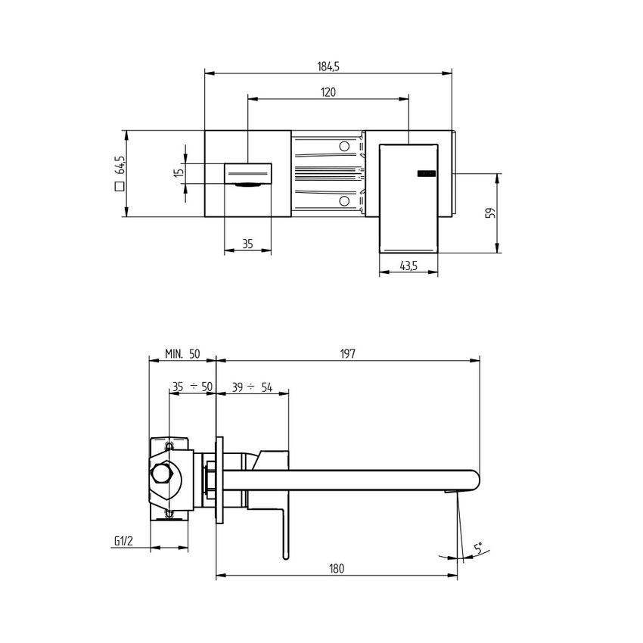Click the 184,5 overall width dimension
pyautogui.click(x=328, y=67)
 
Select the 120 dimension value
pyautogui.click(x=328, y=92)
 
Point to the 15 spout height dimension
pyautogui.click(x=179, y=173)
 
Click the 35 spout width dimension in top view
pyautogui.click(x=247, y=244)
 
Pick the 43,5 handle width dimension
pyautogui.click(x=408, y=266)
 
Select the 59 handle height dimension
pyautogui.click(x=489, y=213)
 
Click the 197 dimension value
pyautogui.click(x=347, y=354)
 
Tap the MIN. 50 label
pyautogui.click(x=182, y=354)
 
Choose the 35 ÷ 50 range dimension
pyautogui.click(x=192, y=387)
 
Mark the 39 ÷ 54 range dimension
pyautogui.click(x=252, y=387)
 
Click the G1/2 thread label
pyautogui.click(x=123, y=541)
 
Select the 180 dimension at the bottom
pyautogui.click(x=337, y=569)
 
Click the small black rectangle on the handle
pyautogui.click(x=427, y=174)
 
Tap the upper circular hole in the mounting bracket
pyautogui.click(x=345, y=146)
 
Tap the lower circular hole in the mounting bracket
pyautogui.click(x=345, y=201)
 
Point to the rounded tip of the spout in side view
pyautogui.click(x=476, y=480)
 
